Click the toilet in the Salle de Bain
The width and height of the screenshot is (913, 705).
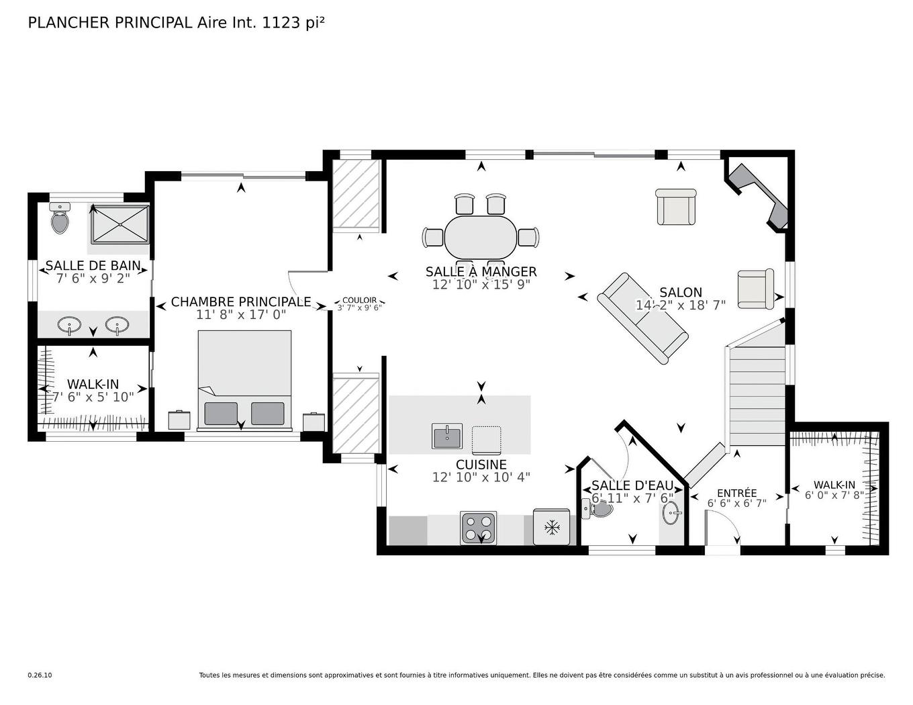(x=60, y=220)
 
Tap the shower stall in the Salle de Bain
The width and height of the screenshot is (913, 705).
(x=119, y=224)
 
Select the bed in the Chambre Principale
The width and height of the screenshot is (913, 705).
(x=244, y=379)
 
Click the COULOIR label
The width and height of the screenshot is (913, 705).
(x=359, y=300)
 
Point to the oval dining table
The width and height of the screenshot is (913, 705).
(x=481, y=236)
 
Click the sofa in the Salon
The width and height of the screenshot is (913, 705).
(x=642, y=318)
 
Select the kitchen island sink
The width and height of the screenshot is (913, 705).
(x=447, y=437)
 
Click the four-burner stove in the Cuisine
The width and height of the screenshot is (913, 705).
(x=479, y=528)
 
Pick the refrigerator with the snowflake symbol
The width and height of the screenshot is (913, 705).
(x=552, y=527)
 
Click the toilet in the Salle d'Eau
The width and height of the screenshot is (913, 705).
(x=599, y=510)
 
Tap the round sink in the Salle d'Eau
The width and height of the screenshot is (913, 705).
(x=671, y=514)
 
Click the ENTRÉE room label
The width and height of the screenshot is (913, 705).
(x=736, y=493)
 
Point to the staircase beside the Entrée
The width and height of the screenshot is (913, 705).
(x=757, y=396)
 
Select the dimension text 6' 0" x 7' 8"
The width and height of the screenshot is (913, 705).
(x=834, y=496)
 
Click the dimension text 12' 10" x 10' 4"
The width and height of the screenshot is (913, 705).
(x=481, y=477)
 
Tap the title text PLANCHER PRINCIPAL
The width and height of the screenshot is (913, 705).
(x=110, y=23)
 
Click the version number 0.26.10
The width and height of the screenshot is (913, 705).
(x=40, y=675)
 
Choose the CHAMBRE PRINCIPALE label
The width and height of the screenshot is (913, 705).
(x=241, y=302)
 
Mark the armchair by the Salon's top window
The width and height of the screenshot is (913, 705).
(x=676, y=207)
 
